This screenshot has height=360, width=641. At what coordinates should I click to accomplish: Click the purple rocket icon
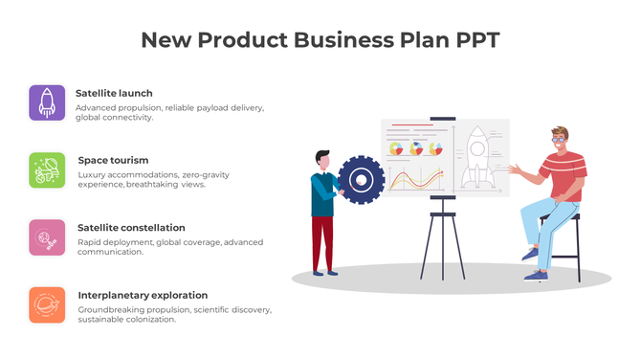point(47,102)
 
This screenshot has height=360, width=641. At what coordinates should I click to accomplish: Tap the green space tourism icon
point(47,169)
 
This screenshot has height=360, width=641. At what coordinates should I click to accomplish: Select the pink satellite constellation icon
point(47,237)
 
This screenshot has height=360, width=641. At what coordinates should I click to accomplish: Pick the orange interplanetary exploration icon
point(47,304)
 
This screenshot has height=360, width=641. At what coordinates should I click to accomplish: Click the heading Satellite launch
point(114,93)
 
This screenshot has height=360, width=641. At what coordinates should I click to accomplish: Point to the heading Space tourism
point(113,160)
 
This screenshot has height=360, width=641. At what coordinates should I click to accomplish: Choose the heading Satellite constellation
point(131,228)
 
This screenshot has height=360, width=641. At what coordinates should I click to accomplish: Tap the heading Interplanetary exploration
point(143,295)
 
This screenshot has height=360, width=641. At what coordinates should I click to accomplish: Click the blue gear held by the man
point(361,179)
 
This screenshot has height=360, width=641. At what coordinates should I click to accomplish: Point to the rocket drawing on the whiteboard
point(476,158)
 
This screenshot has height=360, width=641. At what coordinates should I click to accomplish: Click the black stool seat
point(564,216)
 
